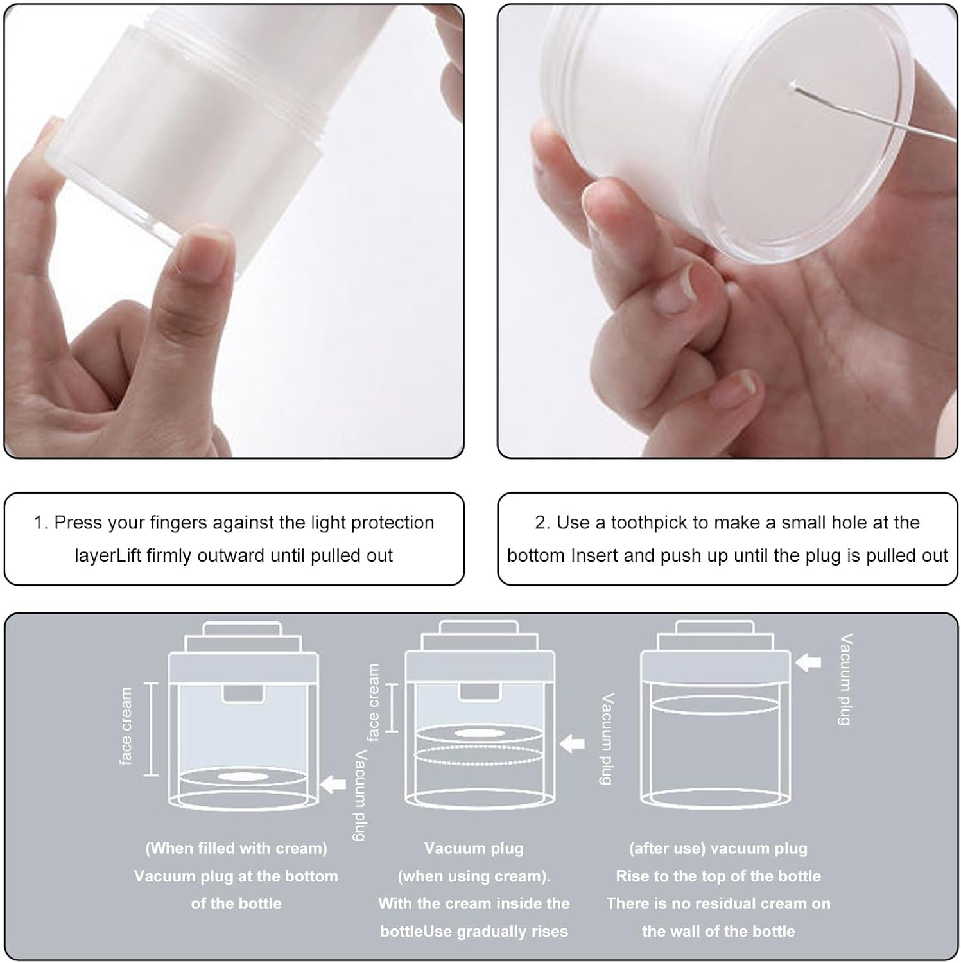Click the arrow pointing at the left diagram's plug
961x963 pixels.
(x=333, y=784)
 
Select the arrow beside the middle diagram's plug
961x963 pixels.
(x=572, y=744)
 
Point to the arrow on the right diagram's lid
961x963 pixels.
(x=808, y=662)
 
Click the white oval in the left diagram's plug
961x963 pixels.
(x=243, y=777)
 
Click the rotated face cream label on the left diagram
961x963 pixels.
(x=126, y=726)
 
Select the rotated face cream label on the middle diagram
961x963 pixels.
(x=373, y=703)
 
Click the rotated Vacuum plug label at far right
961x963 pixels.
(x=845, y=679)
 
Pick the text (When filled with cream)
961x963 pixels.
(x=236, y=848)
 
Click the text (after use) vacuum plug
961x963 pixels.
(x=718, y=848)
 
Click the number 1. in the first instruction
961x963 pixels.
(x=40, y=523)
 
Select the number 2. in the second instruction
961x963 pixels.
(x=542, y=523)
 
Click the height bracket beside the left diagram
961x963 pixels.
(x=151, y=729)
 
